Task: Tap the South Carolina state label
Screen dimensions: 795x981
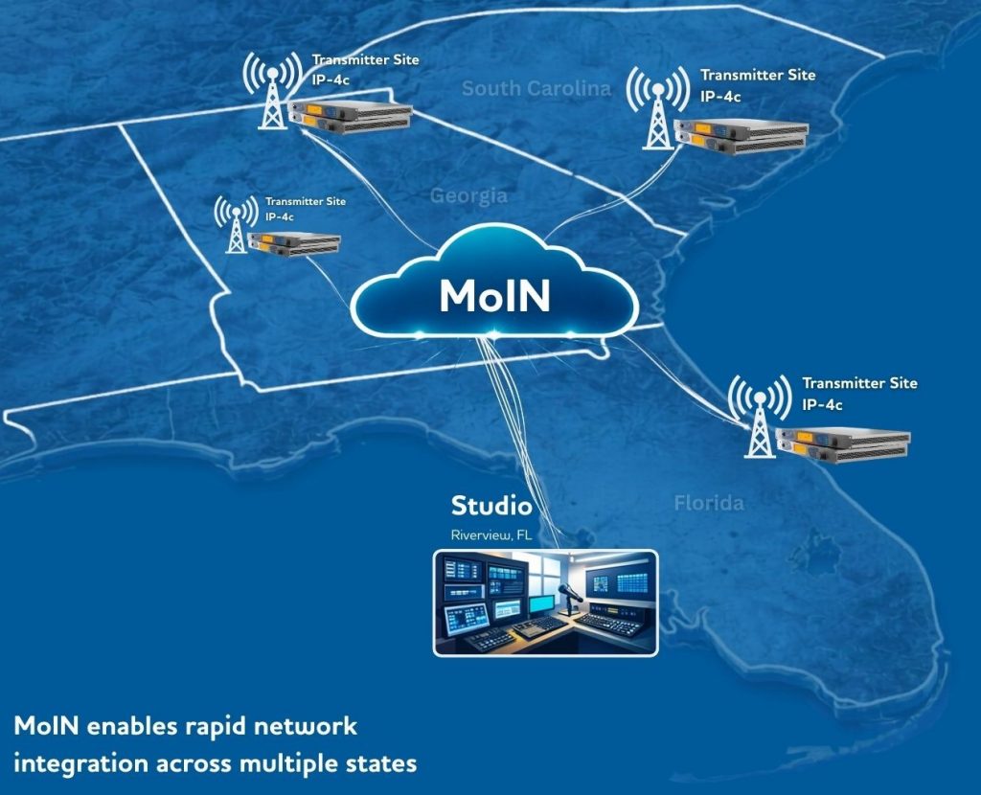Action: (536, 89)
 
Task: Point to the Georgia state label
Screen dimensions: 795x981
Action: (468, 196)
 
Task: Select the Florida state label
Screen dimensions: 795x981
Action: (709, 503)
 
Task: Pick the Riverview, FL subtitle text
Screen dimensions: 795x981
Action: (491, 534)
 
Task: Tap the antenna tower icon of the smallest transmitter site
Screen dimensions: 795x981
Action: (236, 226)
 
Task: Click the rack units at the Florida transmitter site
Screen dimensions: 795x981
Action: (843, 445)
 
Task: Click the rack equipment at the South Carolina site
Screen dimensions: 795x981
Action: (740, 136)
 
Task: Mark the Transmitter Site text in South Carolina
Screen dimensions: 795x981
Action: (758, 75)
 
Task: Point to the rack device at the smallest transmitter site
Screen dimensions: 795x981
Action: (294, 243)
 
